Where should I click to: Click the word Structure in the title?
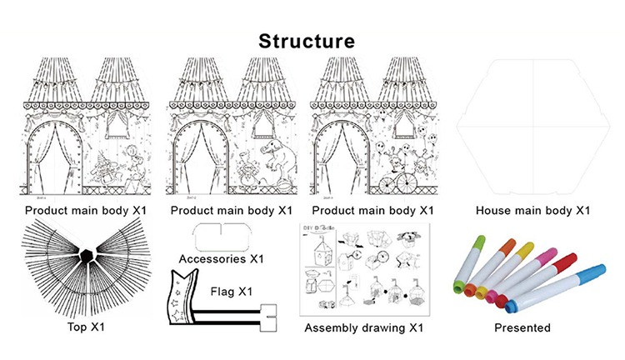click(x=306, y=40)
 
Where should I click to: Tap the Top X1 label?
click(x=86, y=327)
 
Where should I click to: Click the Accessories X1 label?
click(x=222, y=258)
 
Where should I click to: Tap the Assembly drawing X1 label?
click(x=364, y=327)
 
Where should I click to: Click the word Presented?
click(x=522, y=327)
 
